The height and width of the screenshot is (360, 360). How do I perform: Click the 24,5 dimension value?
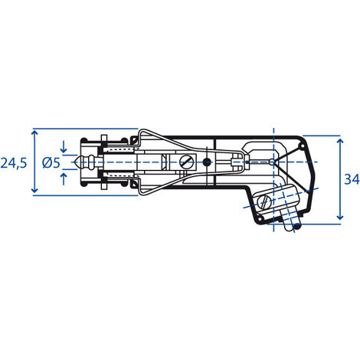click(x=14, y=163)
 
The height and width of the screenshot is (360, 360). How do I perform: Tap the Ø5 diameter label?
click(x=51, y=162)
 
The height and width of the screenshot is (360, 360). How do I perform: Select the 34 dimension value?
click(x=352, y=179)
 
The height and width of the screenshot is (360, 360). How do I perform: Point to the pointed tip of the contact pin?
click(x=74, y=162)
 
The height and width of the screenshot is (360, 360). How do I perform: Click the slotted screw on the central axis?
click(x=186, y=162)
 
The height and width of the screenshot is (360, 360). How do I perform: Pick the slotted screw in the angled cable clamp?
click(x=264, y=202)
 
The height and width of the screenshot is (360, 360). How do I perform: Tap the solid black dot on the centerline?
click(x=207, y=162)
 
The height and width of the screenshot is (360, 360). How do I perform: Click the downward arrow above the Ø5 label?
click(x=64, y=146)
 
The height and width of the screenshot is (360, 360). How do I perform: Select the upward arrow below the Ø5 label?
click(x=64, y=178)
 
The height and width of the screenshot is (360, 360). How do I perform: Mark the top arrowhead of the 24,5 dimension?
click(x=34, y=133)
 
